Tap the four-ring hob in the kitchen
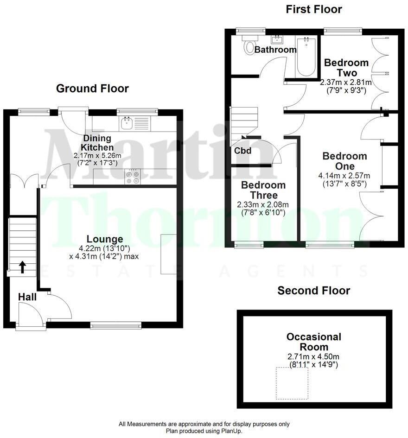133,177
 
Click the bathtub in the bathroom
306,57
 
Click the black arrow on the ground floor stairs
22,267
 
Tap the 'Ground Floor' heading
92,89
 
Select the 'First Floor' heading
314,9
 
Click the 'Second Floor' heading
313,291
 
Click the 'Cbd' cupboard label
242,151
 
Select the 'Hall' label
27,297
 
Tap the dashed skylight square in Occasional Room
292,383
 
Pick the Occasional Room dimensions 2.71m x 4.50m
313,356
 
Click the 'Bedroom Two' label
346,68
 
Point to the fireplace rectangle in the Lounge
168,254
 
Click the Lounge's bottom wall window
115,325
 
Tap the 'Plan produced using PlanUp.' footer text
204,431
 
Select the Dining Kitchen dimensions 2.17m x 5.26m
98,156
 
